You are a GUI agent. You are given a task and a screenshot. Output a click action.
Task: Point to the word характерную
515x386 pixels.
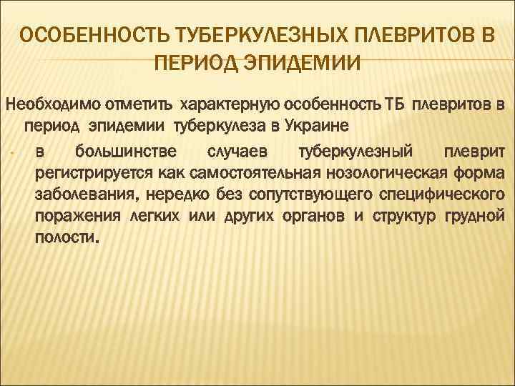[x=224, y=107]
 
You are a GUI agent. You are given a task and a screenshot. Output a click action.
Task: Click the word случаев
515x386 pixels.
[x=232, y=152]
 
